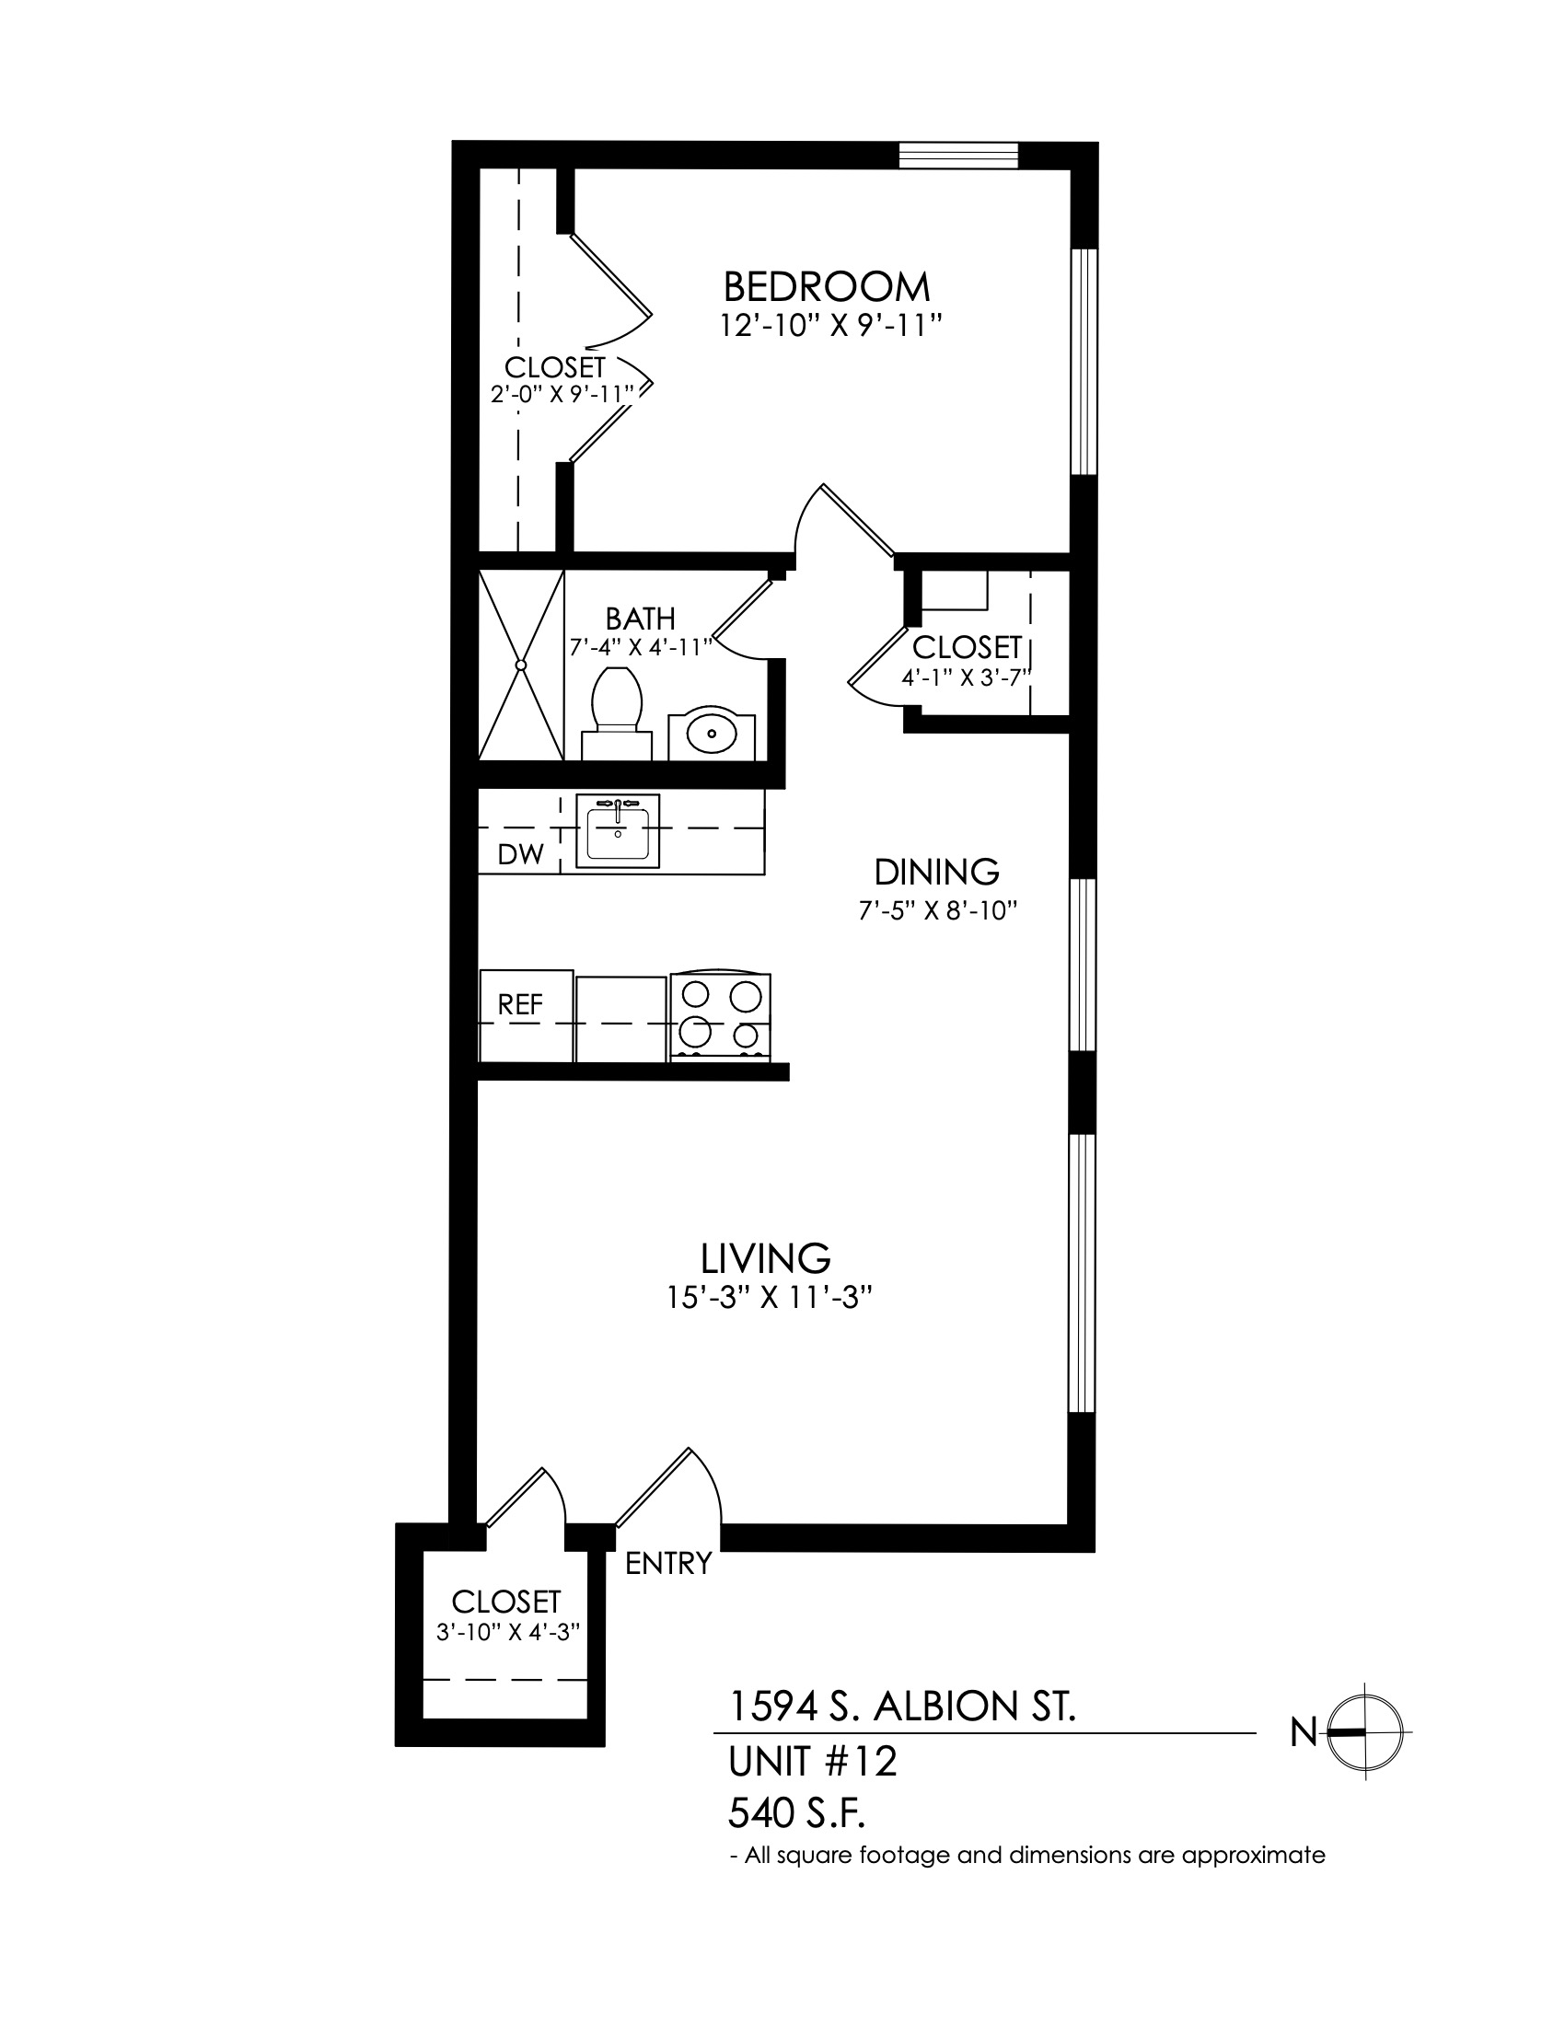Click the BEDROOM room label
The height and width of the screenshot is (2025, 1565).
pyautogui.click(x=826, y=286)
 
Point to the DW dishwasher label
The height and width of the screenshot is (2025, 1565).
pyautogui.click(x=520, y=854)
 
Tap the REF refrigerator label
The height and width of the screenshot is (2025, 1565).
pyautogui.click(x=520, y=1004)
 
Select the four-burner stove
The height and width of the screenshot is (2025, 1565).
pyautogui.click(x=721, y=1016)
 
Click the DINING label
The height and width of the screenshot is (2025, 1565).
pyautogui.click(x=937, y=872)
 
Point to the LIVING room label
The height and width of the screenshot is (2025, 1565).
pyautogui.click(x=766, y=1258)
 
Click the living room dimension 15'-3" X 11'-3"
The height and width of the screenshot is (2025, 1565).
pyautogui.click(x=771, y=1298)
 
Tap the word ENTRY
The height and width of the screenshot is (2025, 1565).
pyautogui.click(x=668, y=1564)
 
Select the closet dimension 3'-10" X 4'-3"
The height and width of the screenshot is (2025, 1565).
pyautogui.click(x=508, y=1632)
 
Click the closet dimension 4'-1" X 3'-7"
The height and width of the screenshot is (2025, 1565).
pyautogui.click(x=967, y=677)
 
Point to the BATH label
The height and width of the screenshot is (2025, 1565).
pyautogui.click(x=641, y=619)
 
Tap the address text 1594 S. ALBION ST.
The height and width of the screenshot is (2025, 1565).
pyautogui.click(x=902, y=1706)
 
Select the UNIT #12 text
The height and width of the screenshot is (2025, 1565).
pyautogui.click(x=813, y=1762)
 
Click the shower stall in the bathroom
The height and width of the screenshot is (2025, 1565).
pyautogui.click(x=521, y=665)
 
